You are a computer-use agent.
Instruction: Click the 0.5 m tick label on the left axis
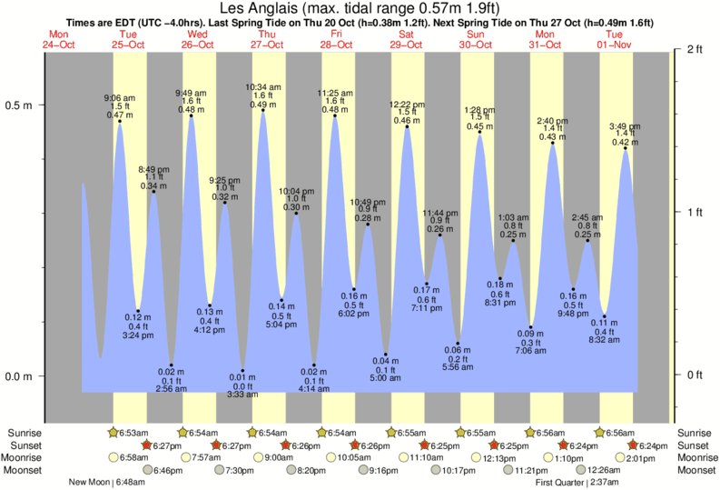coord(21,105)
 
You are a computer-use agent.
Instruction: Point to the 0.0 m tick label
coord(21,376)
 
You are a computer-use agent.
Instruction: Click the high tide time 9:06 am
coord(119,97)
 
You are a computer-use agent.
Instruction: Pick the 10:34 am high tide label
coord(263,87)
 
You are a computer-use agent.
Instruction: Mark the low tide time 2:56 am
coord(171,389)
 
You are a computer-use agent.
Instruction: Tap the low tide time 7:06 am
coord(532,350)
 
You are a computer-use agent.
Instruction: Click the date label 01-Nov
coord(614,45)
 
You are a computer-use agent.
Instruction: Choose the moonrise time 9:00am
coord(279,457)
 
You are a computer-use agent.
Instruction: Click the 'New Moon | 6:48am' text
coord(108,483)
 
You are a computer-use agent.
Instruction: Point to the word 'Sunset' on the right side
coord(695,445)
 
